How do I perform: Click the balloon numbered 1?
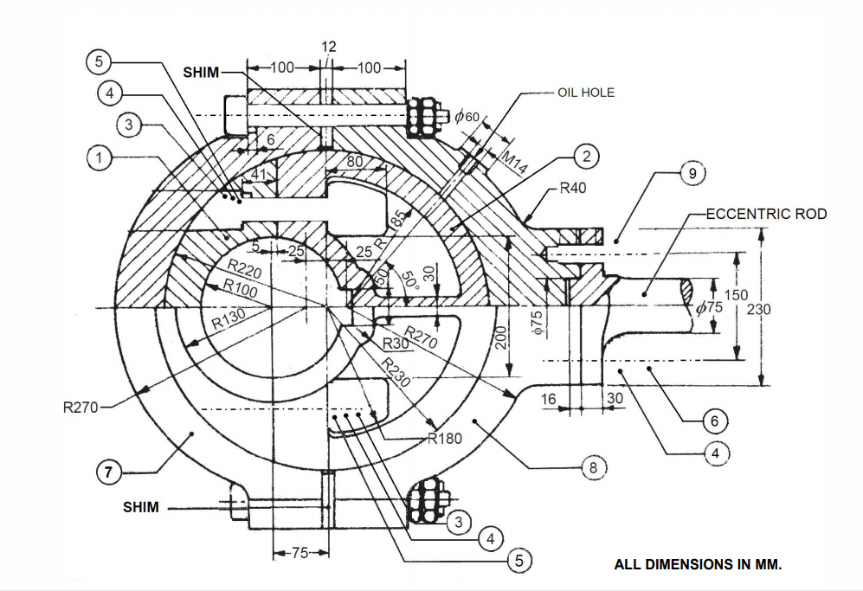[x=100, y=158]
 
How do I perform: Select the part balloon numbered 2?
[x=586, y=157]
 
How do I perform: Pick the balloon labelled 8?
[x=593, y=467]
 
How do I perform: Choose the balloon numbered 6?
[x=714, y=421]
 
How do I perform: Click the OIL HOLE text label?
[x=587, y=93]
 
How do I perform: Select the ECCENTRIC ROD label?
[x=767, y=213]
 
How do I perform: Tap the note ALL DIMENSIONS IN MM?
[x=698, y=565]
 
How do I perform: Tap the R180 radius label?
[x=446, y=439]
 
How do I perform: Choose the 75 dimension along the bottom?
[x=299, y=554]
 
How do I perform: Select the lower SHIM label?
[x=141, y=507]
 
